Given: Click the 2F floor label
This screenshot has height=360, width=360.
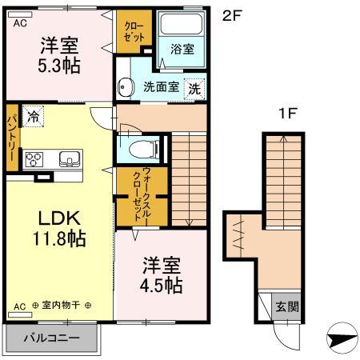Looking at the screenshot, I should [x=230, y=14].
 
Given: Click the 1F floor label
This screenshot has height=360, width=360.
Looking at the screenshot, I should [x=286, y=114].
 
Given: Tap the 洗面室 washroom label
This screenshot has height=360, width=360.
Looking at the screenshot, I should [x=161, y=88].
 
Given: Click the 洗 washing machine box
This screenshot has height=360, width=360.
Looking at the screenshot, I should [x=194, y=88].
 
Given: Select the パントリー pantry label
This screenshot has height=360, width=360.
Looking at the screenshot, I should [x=12, y=137].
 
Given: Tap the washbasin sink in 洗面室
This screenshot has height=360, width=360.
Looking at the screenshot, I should [x=125, y=87].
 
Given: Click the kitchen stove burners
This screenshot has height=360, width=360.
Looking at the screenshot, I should [x=34, y=157].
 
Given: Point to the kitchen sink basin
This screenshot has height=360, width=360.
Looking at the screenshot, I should [x=66, y=157].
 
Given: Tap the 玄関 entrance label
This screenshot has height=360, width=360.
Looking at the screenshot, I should [x=286, y=306].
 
